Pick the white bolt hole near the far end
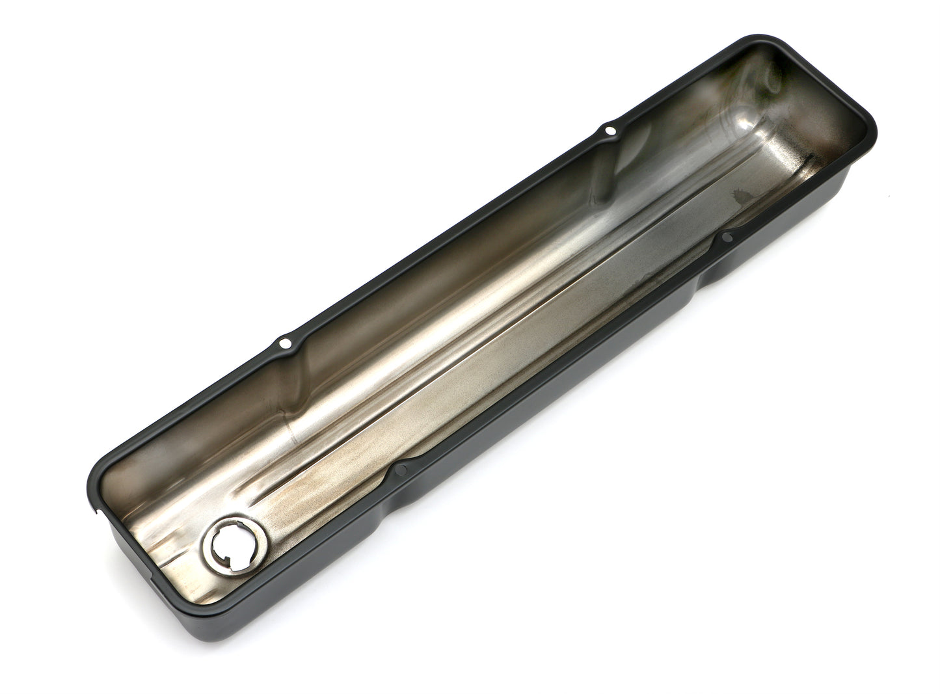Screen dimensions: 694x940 click(610, 130)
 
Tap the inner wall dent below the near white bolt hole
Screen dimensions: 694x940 click(286, 371)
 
